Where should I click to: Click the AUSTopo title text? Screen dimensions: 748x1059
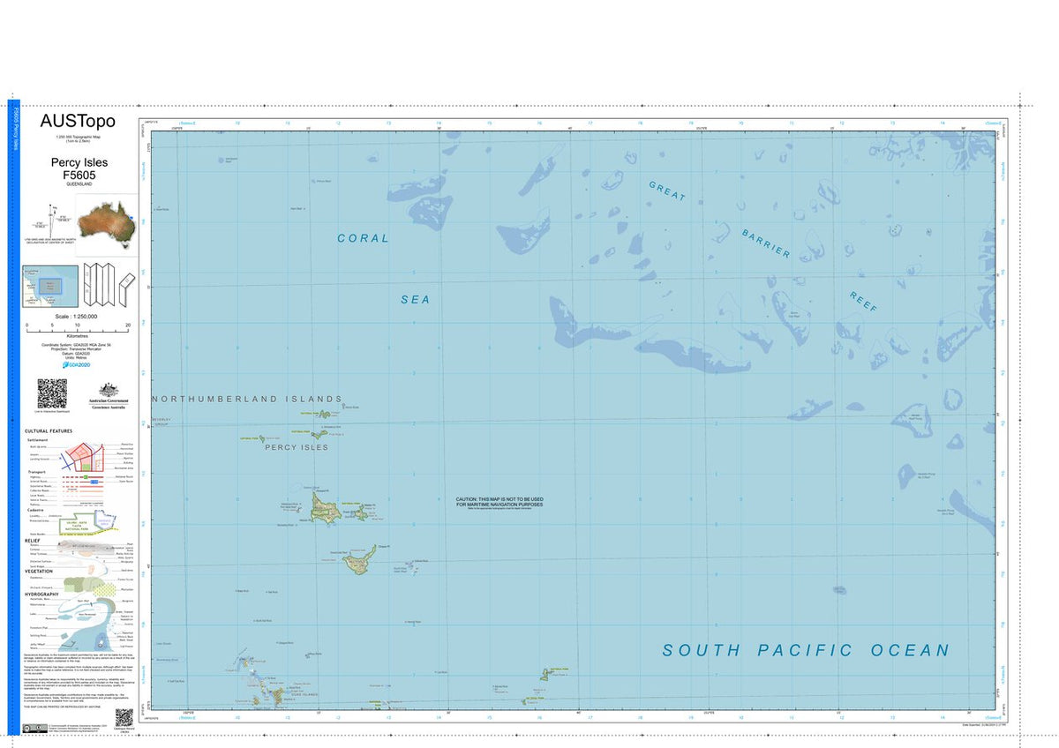tap(78, 122)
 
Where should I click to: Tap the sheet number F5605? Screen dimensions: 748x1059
tap(79, 176)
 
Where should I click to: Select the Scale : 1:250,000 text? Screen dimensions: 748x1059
tap(76, 316)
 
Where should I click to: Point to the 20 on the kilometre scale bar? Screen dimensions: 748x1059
tap(129, 326)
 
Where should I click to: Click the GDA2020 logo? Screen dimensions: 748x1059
tap(78, 363)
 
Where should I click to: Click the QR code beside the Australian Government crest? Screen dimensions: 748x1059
tap(52, 393)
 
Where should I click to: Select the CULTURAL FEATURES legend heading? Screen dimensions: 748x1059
tap(49, 430)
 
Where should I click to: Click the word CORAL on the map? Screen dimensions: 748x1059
tap(363, 238)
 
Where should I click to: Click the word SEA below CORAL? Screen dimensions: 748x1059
tap(416, 300)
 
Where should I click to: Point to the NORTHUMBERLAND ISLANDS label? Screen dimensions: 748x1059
tap(247, 399)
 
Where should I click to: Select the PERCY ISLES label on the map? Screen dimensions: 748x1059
tap(297, 447)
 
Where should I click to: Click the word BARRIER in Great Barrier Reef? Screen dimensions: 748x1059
tap(765, 244)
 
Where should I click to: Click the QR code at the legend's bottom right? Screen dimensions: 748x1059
tap(124, 718)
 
